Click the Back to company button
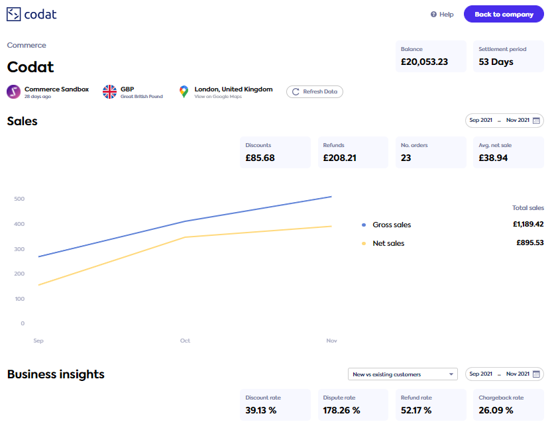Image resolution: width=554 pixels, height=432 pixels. [x=504, y=14]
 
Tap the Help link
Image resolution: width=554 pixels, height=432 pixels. [x=442, y=15]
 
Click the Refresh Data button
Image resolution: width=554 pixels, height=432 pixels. [x=315, y=91]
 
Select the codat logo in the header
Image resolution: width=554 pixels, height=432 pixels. [x=31, y=14]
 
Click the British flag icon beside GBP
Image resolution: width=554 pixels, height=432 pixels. [x=109, y=91]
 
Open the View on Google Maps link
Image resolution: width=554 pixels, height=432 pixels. [x=218, y=97]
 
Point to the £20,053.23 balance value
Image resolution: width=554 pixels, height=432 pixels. [x=424, y=62]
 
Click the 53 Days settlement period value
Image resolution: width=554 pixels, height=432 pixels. [x=496, y=62]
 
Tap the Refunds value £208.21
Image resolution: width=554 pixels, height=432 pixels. [x=340, y=158]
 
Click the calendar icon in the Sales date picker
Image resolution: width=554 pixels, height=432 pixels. [x=537, y=121]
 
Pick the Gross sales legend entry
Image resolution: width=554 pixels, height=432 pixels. [x=391, y=225]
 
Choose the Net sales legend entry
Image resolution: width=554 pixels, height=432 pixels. [x=388, y=243]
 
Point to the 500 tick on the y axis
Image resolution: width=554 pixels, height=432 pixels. [x=19, y=199]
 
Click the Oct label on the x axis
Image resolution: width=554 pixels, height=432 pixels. [x=185, y=341]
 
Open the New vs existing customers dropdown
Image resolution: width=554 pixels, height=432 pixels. [x=403, y=374]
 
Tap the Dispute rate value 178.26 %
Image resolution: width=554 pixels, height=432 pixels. [x=342, y=410]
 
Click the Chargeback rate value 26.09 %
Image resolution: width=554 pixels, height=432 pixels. [x=496, y=410]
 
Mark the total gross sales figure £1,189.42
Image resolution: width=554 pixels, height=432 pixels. [x=527, y=224]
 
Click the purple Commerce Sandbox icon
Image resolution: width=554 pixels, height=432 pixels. [x=14, y=91]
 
